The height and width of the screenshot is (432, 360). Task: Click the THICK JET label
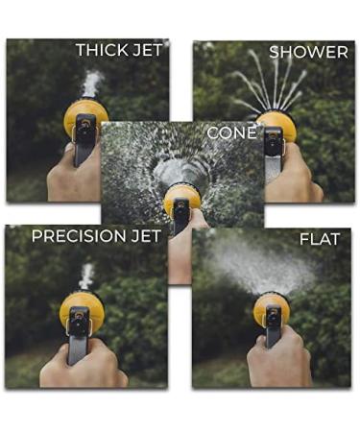pyautogui.click(x=121, y=50)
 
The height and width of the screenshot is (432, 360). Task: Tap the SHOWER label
pyautogui.click(x=308, y=52)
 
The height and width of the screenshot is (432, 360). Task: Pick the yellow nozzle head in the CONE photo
pyautogui.click(x=181, y=199)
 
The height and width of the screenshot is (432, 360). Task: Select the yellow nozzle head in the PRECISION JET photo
pyautogui.click(x=82, y=308)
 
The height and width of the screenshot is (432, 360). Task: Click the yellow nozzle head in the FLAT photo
pyautogui.click(x=271, y=309)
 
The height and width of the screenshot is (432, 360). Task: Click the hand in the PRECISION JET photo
pyautogui.click(x=82, y=365)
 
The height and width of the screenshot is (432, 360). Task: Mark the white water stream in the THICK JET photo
pyautogui.click(x=91, y=84)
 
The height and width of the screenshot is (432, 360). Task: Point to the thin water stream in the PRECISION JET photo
pyautogui.click(x=85, y=276)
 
